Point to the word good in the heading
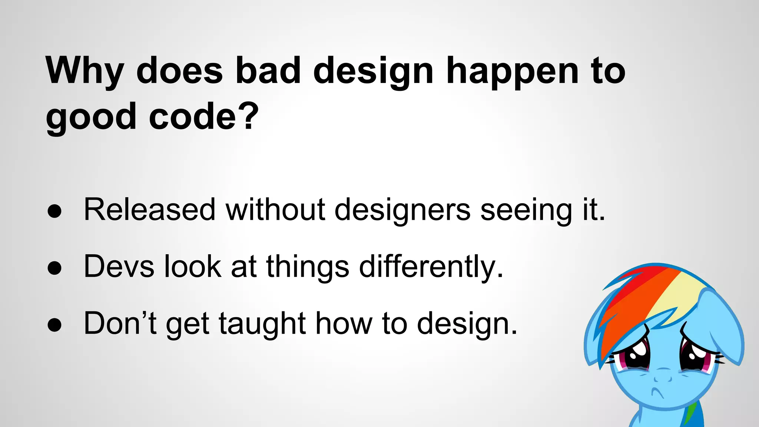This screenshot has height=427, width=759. tap(91, 118)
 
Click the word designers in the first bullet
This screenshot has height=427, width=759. tap(402, 210)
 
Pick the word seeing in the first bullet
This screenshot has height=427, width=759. tap(526, 210)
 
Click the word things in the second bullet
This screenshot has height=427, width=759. tap(308, 267)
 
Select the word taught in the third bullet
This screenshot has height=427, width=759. tap(262, 324)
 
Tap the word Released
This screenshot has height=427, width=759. tap(149, 210)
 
